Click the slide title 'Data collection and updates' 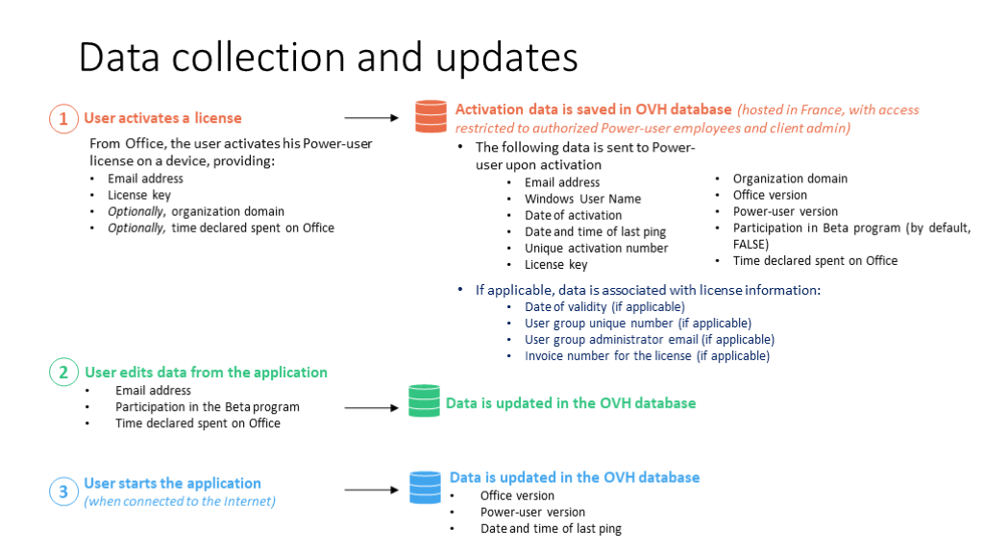tap(328, 58)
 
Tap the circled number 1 tap(63, 119)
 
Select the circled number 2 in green tap(63, 373)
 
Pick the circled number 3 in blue tap(63, 493)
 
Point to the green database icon tap(424, 400)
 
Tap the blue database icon tap(424, 487)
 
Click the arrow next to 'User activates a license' tap(370, 118)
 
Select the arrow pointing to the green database tap(370, 407)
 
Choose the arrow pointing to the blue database tap(370, 491)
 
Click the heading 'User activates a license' tap(162, 118)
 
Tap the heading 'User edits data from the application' tap(206, 373)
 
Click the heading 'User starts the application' tap(172, 483)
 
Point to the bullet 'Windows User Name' tap(582, 199)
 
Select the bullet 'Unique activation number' tap(596, 248)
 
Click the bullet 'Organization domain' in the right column tap(790, 179)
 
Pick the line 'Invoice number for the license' tap(646, 356)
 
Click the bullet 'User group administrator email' tap(649, 340)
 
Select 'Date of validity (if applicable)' tap(603, 307)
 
